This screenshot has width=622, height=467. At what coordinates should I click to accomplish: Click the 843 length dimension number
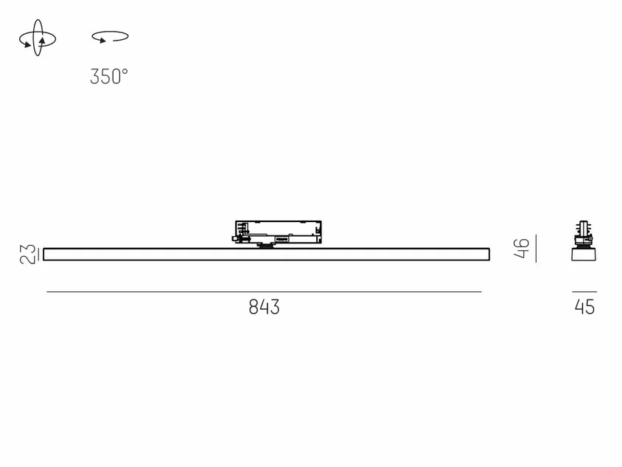pos(264,307)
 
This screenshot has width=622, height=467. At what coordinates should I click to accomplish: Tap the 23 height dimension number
pos(27,255)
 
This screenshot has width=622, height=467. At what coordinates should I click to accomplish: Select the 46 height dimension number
pos(521,248)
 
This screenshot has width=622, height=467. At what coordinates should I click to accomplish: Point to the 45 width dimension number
pos(584,307)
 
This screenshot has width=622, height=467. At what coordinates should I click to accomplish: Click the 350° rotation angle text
pos(109,76)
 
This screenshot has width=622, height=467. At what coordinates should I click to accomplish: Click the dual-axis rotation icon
pos(38,38)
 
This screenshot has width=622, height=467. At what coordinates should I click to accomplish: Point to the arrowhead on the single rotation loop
pos(102,40)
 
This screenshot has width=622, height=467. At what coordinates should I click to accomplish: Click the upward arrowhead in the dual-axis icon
pos(42,41)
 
